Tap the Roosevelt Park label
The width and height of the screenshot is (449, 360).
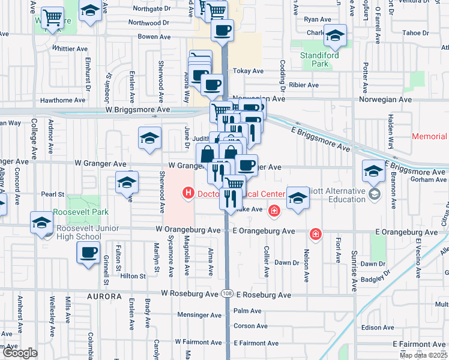pyautogui.click(x=80, y=212)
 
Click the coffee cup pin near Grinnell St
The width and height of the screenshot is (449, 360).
pyautogui.click(x=89, y=252)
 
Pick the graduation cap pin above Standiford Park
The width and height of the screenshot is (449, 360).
pyautogui.click(x=336, y=36)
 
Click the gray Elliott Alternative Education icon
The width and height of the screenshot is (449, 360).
pyautogui.click(x=375, y=194)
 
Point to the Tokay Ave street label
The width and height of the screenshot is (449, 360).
pyautogui.click(x=249, y=71)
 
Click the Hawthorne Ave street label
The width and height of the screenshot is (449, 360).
pyautogui.click(x=63, y=100)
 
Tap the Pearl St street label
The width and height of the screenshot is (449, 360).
pyautogui.click(x=53, y=194)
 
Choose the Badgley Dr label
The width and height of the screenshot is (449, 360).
pyautogui.click(x=376, y=275)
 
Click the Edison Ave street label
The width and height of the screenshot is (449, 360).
pyautogui.click(x=376, y=328)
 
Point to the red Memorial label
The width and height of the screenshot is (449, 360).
pyautogui.click(x=430, y=137)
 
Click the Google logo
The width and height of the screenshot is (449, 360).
pyautogui.click(x=20, y=353)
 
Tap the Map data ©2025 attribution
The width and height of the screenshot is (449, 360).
pyautogui.click(x=424, y=355)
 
